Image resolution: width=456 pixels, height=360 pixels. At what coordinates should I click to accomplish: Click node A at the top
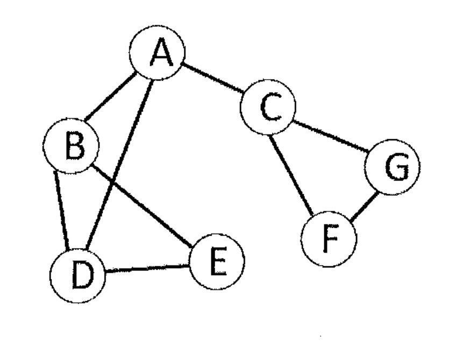point(157,53)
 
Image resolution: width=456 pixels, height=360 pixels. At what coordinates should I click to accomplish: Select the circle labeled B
point(71,146)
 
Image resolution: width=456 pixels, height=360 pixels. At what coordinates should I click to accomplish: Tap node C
point(268,107)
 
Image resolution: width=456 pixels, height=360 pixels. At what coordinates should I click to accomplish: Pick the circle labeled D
point(77,276)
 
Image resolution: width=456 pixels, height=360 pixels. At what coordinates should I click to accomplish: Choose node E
point(217,262)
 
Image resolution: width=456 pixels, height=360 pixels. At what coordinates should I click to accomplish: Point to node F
point(329,239)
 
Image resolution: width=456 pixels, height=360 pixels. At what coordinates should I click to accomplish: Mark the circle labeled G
point(393,167)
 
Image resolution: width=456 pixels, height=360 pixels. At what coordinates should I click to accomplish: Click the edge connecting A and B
point(111,96)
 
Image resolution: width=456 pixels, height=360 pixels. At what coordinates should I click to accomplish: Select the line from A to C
point(212,77)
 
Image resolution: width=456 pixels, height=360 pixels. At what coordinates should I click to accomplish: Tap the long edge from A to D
point(119,165)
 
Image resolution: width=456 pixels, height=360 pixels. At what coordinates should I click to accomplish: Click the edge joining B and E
point(141,206)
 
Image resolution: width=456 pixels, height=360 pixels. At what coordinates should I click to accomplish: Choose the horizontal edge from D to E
point(147,269)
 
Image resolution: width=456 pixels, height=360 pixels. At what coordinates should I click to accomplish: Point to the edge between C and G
point(330,136)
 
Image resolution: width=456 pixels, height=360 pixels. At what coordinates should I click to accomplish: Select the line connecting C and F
point(291,176)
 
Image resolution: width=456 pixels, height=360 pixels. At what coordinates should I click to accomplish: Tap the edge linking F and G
point(364,206)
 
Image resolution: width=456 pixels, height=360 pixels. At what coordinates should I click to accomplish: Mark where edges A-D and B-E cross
point(112,182)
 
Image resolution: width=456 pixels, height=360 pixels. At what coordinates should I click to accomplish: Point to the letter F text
point(330,238)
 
